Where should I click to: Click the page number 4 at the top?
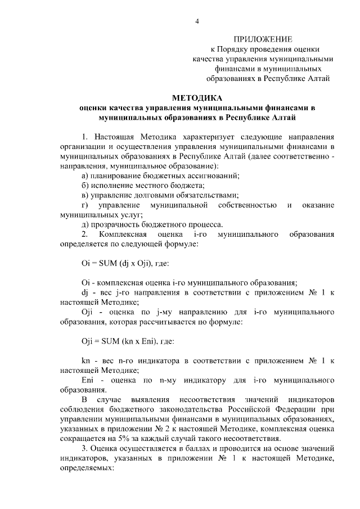[197, 21]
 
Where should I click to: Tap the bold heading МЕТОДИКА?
[197, 97]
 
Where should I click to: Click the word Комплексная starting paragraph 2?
[122, 233]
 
